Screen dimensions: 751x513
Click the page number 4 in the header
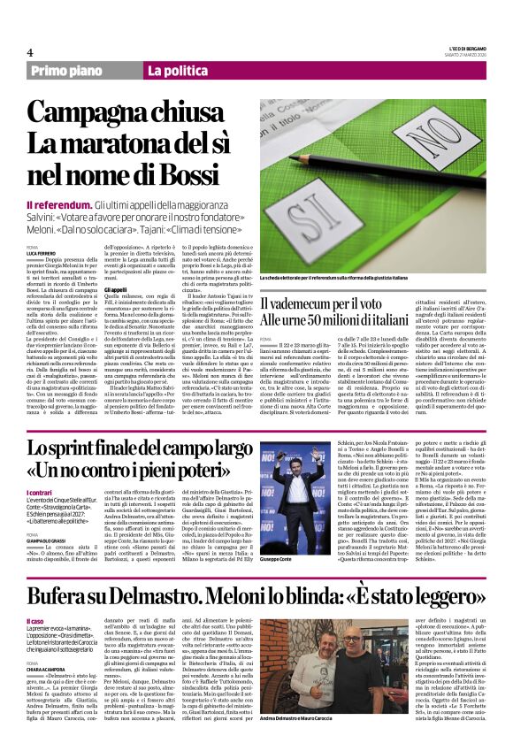click(30, 51)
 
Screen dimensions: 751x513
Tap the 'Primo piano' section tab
click(67, 71)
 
